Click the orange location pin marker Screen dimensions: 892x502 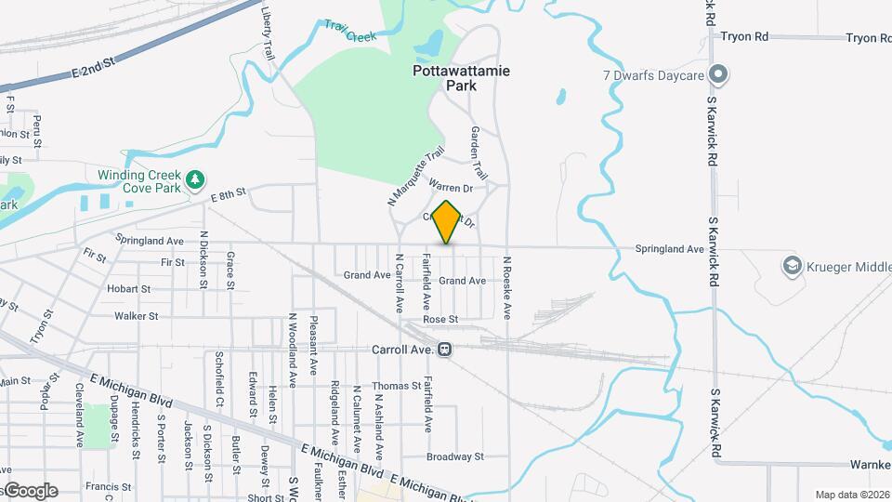click(x=447, y=222)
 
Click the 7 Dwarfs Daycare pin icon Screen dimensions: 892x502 click(x=717, y=74)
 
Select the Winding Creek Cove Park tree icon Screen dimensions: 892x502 click(x=194, y=178)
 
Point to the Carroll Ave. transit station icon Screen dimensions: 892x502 click(x=446, y=350)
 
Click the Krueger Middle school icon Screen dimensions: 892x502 click(x=792, y=267)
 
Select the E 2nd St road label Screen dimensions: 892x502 click(x=92, y=68)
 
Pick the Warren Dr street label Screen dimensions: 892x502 click(x=452, y=188)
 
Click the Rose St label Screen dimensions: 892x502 click(x=440, y=319)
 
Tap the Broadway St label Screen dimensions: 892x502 click(x=455, y=456)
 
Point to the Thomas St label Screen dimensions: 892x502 click(x=397, y=386)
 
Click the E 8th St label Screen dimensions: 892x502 click(x=227, y=194)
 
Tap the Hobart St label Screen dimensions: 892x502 click(x=128, y=289)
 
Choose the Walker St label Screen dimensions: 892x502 click(x=136, y=316)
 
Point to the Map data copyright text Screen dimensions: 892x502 click(x=851, y=495)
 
